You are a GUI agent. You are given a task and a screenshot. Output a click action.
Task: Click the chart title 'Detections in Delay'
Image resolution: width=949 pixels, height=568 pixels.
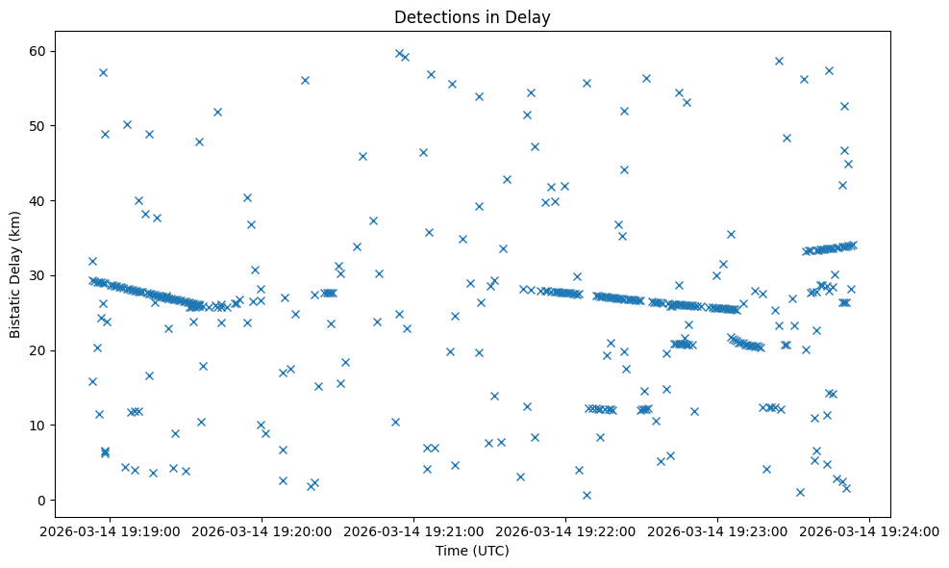[x=472, y=17]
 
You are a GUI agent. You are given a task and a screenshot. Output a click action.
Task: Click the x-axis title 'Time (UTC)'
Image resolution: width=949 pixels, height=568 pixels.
[x=472, y=552]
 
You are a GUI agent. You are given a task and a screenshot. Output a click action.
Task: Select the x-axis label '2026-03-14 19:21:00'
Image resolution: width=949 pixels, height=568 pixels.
[x=414, y=531]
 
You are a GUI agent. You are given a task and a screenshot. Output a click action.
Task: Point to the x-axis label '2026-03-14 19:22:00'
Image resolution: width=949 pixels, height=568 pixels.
[x=566, y=531]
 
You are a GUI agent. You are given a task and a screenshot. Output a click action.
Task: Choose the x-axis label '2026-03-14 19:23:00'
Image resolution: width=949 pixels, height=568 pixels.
[x=718, y=531]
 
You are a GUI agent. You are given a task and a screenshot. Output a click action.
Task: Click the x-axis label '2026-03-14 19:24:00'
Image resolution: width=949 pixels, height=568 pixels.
[x=871, y=531]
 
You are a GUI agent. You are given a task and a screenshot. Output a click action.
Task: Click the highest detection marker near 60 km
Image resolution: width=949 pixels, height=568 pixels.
[x=399, y=53]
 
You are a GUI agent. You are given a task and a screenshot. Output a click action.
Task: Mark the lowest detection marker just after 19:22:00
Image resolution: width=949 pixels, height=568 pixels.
[x=587, y=495]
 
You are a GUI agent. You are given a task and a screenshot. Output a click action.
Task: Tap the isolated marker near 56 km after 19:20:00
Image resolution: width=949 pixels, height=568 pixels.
[x=305, y=80]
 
